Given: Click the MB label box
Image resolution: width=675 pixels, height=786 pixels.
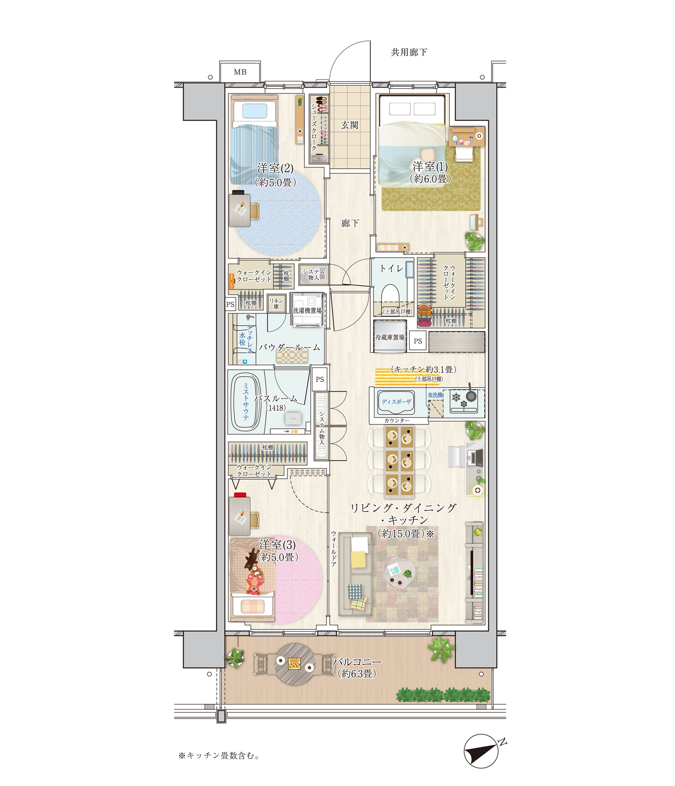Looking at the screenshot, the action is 240,72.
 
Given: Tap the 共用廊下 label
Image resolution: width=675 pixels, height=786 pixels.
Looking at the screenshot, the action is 409,52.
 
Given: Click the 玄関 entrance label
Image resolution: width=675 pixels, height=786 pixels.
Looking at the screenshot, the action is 350,125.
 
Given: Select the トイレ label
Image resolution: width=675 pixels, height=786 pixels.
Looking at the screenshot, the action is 391,268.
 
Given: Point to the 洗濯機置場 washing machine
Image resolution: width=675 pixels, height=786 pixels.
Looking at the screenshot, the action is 307,309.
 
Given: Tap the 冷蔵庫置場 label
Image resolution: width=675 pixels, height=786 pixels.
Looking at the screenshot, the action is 390,337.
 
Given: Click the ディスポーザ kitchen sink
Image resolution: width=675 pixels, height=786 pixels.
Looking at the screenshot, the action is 396,402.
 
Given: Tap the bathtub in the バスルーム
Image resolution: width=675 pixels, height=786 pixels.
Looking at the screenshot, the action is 246,402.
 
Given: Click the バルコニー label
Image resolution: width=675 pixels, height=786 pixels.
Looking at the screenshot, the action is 357,662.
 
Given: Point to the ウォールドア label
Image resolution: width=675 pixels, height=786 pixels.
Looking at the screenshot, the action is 333,549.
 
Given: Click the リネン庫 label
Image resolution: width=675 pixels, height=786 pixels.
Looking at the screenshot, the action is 276,304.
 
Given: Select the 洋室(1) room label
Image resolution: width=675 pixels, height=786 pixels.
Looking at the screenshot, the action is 430,166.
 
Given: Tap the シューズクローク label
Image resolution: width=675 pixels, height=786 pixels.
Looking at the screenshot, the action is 314,127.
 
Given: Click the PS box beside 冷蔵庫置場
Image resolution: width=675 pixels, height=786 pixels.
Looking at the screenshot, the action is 418,341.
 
